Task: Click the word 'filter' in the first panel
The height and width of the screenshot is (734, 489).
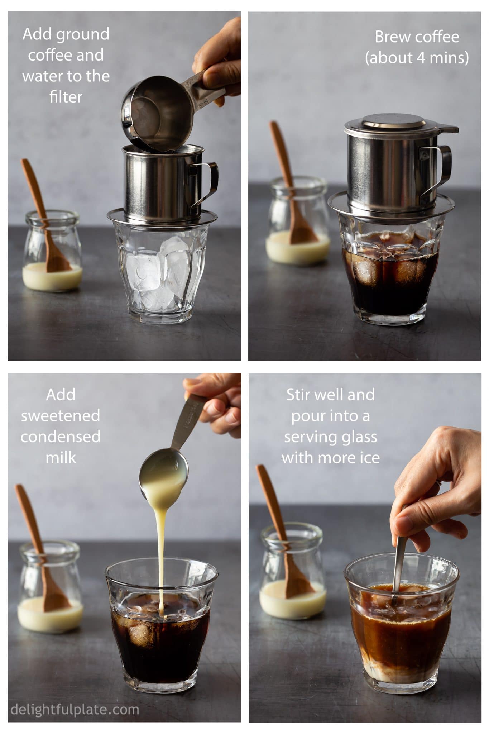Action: (66, 97)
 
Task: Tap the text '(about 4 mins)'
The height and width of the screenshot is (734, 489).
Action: (417, 58)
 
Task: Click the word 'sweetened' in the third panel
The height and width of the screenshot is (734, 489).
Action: (60, 416)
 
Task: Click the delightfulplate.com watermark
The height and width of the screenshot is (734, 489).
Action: (75, 709)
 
